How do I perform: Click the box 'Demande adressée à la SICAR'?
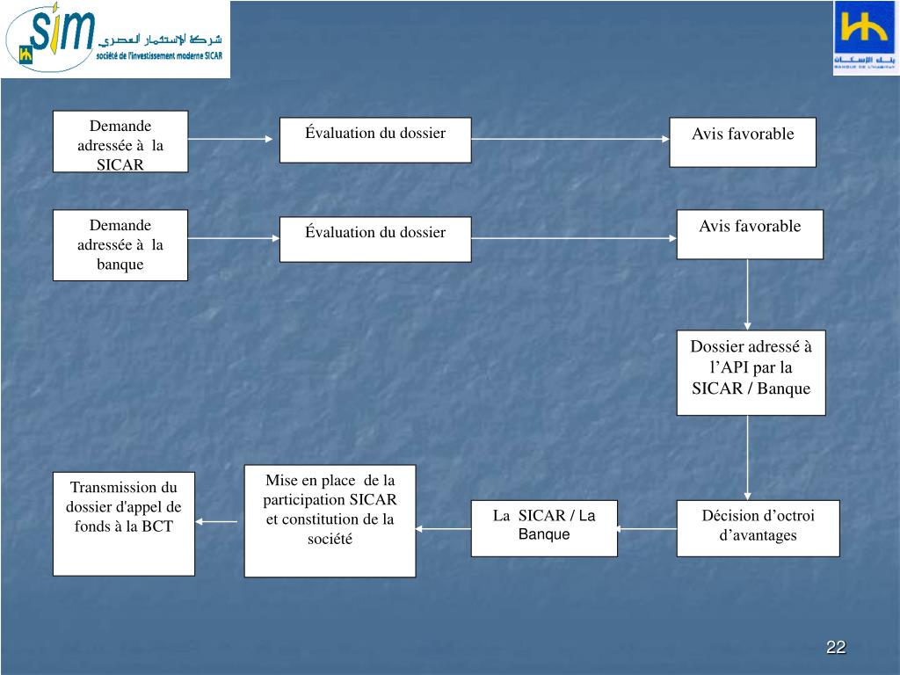coord(120,141)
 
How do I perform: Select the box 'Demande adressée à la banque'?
coord(120,244)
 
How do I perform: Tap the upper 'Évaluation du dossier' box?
coord(375,140)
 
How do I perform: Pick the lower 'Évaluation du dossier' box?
coord(375,238)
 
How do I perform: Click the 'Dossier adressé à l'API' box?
coord(751,372)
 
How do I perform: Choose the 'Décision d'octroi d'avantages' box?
coord(758,527)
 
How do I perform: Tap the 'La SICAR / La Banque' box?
coord(544,527)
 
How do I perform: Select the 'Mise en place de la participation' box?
coord(330,520)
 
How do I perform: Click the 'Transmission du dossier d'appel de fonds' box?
coord(124,524)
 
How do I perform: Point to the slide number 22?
coord(836,648)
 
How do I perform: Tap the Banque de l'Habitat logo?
coord(866,38)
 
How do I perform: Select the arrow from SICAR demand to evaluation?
coord(233,139)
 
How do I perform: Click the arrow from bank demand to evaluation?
coord(233,238)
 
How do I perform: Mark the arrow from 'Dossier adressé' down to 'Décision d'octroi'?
coord(748,457)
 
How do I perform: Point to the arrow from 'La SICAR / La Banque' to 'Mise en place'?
coord(443,528)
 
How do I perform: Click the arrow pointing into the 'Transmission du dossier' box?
coord(215,522)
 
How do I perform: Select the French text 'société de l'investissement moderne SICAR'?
coord(159,55)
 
